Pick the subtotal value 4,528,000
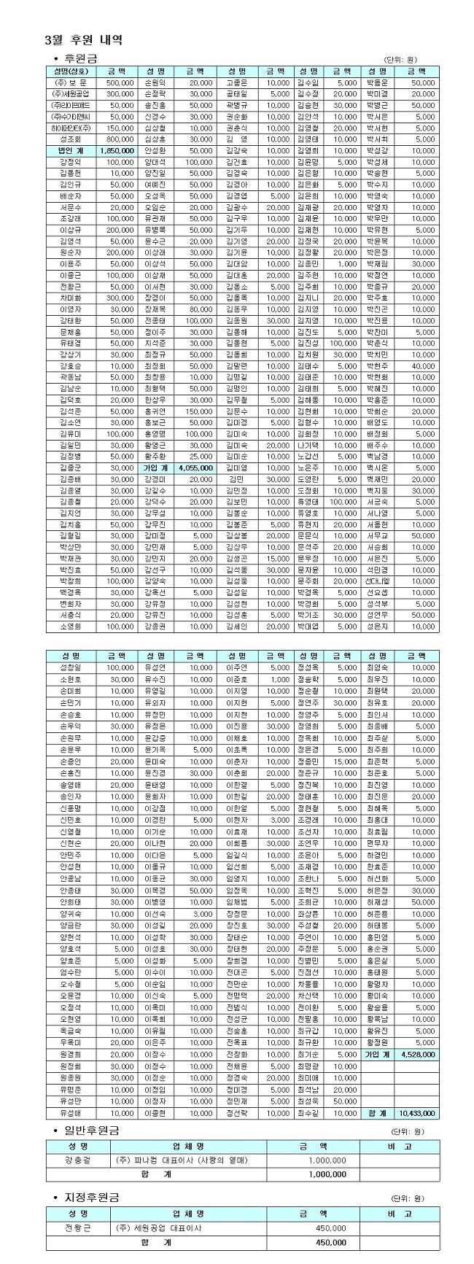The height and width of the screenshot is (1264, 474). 418,1054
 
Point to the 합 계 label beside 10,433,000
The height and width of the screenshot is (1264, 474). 376,1113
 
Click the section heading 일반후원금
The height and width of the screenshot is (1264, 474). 91,1130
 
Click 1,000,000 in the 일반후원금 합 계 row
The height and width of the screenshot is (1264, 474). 327,1174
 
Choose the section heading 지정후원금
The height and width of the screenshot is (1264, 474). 91,1198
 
